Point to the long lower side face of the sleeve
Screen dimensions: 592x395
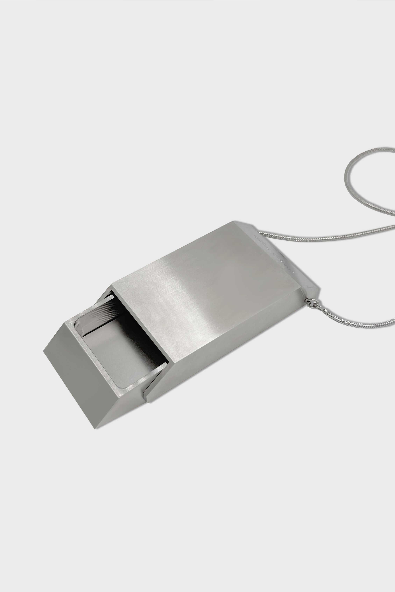pos(227,352)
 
